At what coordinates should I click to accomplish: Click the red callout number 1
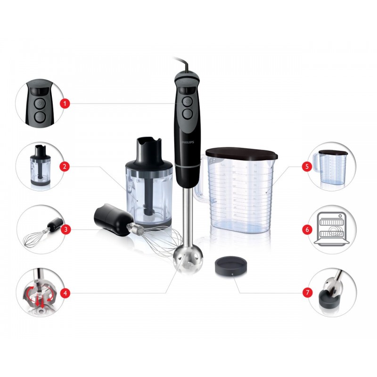[x=65, y=104]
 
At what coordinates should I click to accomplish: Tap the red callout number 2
[x=65, y=166]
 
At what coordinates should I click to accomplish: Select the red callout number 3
[x=66, y=229]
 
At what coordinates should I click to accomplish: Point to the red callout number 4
[x=65, y=293]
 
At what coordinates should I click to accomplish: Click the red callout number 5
[x=307, y=166]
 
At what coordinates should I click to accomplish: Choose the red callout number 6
[x=307, y=229]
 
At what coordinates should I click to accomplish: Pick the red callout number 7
[x=307, y=292]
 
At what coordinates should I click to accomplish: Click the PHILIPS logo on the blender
[x=188, y=142]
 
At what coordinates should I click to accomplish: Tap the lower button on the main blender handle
[x=188, y=113]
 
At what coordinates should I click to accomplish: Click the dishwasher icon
[x=332, y=229]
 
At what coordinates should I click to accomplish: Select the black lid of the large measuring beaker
[x=242, y=154]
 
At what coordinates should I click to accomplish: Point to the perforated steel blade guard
[x=188, y=262]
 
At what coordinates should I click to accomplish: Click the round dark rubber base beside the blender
[x=230, y=265]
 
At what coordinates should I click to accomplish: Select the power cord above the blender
[x=183, y=64]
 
